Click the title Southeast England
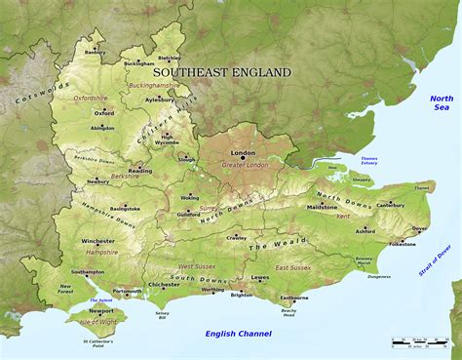click(x=222, y=72)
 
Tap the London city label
click(x=242, y=153)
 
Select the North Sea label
click(x=442, y=104)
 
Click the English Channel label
click(x=237, y=334)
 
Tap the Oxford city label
click(x=104, y=112)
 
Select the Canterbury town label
click(x=390, y=205)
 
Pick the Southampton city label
click(x=88, y=272)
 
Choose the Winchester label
click(x=97, y=241)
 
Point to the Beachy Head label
click(x=289, y=312)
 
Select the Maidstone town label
click(x=323, y=208)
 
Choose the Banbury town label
click(x=95, y=52)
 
